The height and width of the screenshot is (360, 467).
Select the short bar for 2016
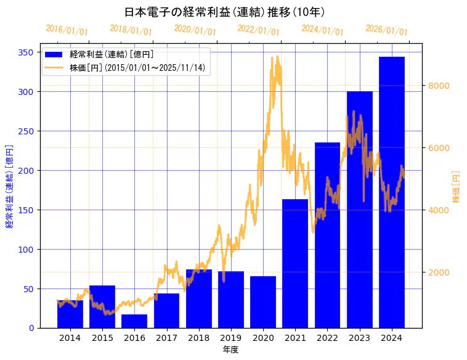pyautogui.click(x=134, y=321)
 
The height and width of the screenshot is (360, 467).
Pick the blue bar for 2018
pyautogui.click(x=199, y=299)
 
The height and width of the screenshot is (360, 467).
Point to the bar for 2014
pyautogui.click(x=70, y=314)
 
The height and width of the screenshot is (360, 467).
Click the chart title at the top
pyautogui.click(x=224, y=12)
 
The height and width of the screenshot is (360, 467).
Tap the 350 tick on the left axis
pyautogui.click(x=25, y=52)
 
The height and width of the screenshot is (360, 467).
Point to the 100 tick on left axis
pyautogui.click(x=25, y=250)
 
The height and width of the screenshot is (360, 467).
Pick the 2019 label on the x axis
pyautogui.click(x=231, y=338)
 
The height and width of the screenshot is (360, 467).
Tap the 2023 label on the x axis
pyautogui.click(x=360, y=338)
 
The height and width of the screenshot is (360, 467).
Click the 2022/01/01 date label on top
pyautogui.click(x=258, y=30)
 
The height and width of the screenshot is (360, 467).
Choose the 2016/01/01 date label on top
pyautogui.click(x=67, y=30)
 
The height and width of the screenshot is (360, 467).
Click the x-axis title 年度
pyautogui.click(x=230, y=350)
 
